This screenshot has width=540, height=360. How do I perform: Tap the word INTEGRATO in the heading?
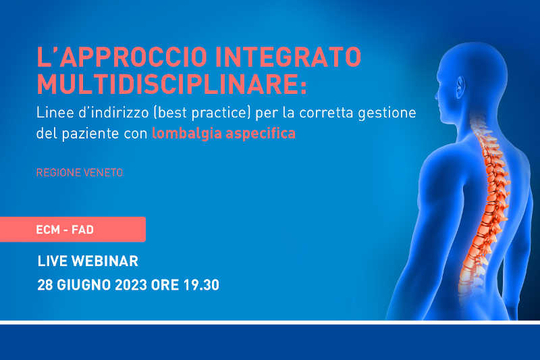pos(288,57)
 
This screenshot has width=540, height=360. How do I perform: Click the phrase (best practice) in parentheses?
pos(202,113)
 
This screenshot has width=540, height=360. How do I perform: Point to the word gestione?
pos(387,113)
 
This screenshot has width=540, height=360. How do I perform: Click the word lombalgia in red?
pos(186,133)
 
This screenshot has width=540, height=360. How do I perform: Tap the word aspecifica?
pos(261,134)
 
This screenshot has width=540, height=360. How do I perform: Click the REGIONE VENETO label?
pos(80,172)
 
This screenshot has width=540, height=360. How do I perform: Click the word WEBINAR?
pos(105,261)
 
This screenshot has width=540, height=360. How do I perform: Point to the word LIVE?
pos(53,261)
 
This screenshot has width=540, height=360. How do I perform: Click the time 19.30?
pos(201,285)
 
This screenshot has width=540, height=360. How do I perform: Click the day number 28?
pos(45,285)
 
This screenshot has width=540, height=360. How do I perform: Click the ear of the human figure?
pos(460,87)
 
